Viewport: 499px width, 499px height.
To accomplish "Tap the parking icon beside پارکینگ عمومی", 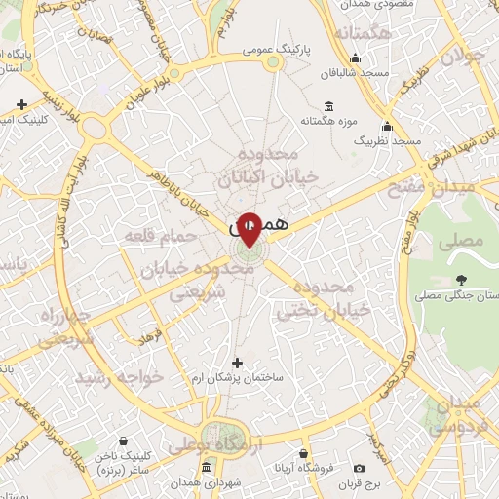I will pos(273,62).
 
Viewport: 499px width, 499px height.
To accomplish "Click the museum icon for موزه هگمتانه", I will pos(328,105).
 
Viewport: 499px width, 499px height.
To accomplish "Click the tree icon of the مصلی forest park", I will pos(459,281).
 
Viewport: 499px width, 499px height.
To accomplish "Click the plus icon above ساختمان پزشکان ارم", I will pos(236,363).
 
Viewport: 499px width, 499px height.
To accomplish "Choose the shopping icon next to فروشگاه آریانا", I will pos(304,454).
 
